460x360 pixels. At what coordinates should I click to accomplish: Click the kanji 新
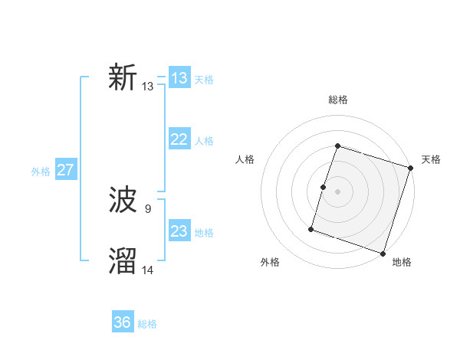[123, 78]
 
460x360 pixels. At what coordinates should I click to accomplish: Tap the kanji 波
[123, 201]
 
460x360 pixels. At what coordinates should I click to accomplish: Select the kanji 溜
[123, 261]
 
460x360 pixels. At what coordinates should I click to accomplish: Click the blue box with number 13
[179, 78]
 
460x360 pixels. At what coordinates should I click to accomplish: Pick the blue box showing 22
[179, 139]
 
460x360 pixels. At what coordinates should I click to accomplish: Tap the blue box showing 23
[179, 231]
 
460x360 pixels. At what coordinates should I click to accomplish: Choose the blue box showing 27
[65, 170]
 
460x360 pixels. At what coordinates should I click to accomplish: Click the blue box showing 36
[123, 322]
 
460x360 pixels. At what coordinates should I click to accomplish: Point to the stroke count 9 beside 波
[148, 208]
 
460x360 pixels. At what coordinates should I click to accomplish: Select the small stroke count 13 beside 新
[148, 86]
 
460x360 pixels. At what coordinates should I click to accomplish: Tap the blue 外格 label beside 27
[41, 172]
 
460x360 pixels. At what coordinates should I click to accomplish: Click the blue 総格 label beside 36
[147, 324]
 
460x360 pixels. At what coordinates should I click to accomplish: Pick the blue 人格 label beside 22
[204, 141]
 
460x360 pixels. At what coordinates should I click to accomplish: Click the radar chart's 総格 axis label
[338, 100]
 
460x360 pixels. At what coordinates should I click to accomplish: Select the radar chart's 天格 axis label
[431, 159]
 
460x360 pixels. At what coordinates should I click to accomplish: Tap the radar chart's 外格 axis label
[270, 262]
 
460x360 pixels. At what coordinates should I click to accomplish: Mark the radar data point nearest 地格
[383, 254]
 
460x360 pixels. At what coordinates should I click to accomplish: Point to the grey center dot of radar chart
[338, 191]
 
